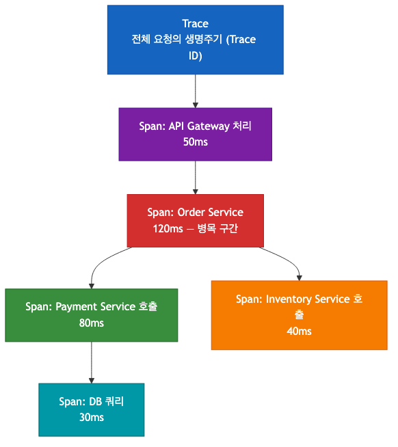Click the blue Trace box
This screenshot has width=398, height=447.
click(195, 40)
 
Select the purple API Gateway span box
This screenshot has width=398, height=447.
click(195, 134)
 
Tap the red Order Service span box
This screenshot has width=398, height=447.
click(195, 220)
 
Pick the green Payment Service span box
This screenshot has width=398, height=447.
click(91, 314)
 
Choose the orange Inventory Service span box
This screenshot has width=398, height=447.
click(299, 314)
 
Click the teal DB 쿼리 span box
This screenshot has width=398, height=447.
click(91, 409)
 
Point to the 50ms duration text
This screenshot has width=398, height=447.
click(196, 143)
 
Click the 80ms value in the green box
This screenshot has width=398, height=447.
click(92, 323)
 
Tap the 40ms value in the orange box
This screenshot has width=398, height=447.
click(299, 331)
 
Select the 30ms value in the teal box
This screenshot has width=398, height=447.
click(92, 418)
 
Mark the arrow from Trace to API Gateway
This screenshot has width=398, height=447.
click(196, 90)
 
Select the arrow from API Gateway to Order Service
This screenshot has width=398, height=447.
click(196, 177)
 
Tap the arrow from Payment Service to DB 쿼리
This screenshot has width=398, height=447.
click(92, 362)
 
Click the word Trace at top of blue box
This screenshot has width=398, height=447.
click(196, 24)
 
